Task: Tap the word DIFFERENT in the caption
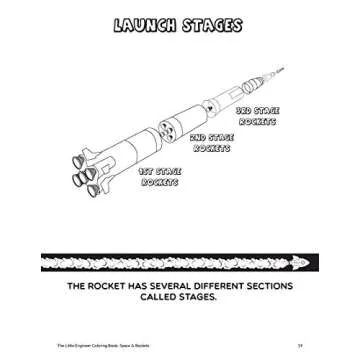(x=256, y=287)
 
